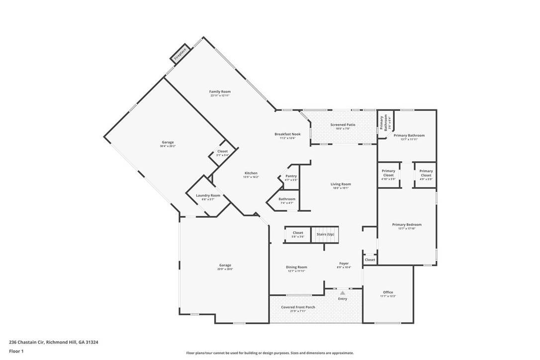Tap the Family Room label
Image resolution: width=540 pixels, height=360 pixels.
219,91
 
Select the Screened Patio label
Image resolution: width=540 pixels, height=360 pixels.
343,124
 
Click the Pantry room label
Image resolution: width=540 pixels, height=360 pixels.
291,176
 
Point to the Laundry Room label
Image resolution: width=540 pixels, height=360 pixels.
208,195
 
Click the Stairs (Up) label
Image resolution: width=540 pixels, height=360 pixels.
325,234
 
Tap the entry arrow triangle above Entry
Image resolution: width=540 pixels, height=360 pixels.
343,293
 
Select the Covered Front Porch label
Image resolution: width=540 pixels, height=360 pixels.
298,307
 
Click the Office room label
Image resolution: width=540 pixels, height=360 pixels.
388,292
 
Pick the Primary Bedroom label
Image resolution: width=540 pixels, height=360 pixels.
406,225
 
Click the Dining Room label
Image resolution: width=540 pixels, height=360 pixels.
296,267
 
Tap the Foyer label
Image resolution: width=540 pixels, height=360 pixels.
344,264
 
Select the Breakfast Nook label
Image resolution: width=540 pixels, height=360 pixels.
287,134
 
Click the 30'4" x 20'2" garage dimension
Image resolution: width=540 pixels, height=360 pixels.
167,146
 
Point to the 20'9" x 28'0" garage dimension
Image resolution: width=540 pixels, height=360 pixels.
225,269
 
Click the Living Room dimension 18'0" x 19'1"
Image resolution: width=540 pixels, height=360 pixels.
341,188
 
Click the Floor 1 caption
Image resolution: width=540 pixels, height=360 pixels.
16,351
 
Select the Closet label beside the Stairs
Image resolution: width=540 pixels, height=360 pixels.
297,233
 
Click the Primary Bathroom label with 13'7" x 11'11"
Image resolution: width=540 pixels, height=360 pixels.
409,135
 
